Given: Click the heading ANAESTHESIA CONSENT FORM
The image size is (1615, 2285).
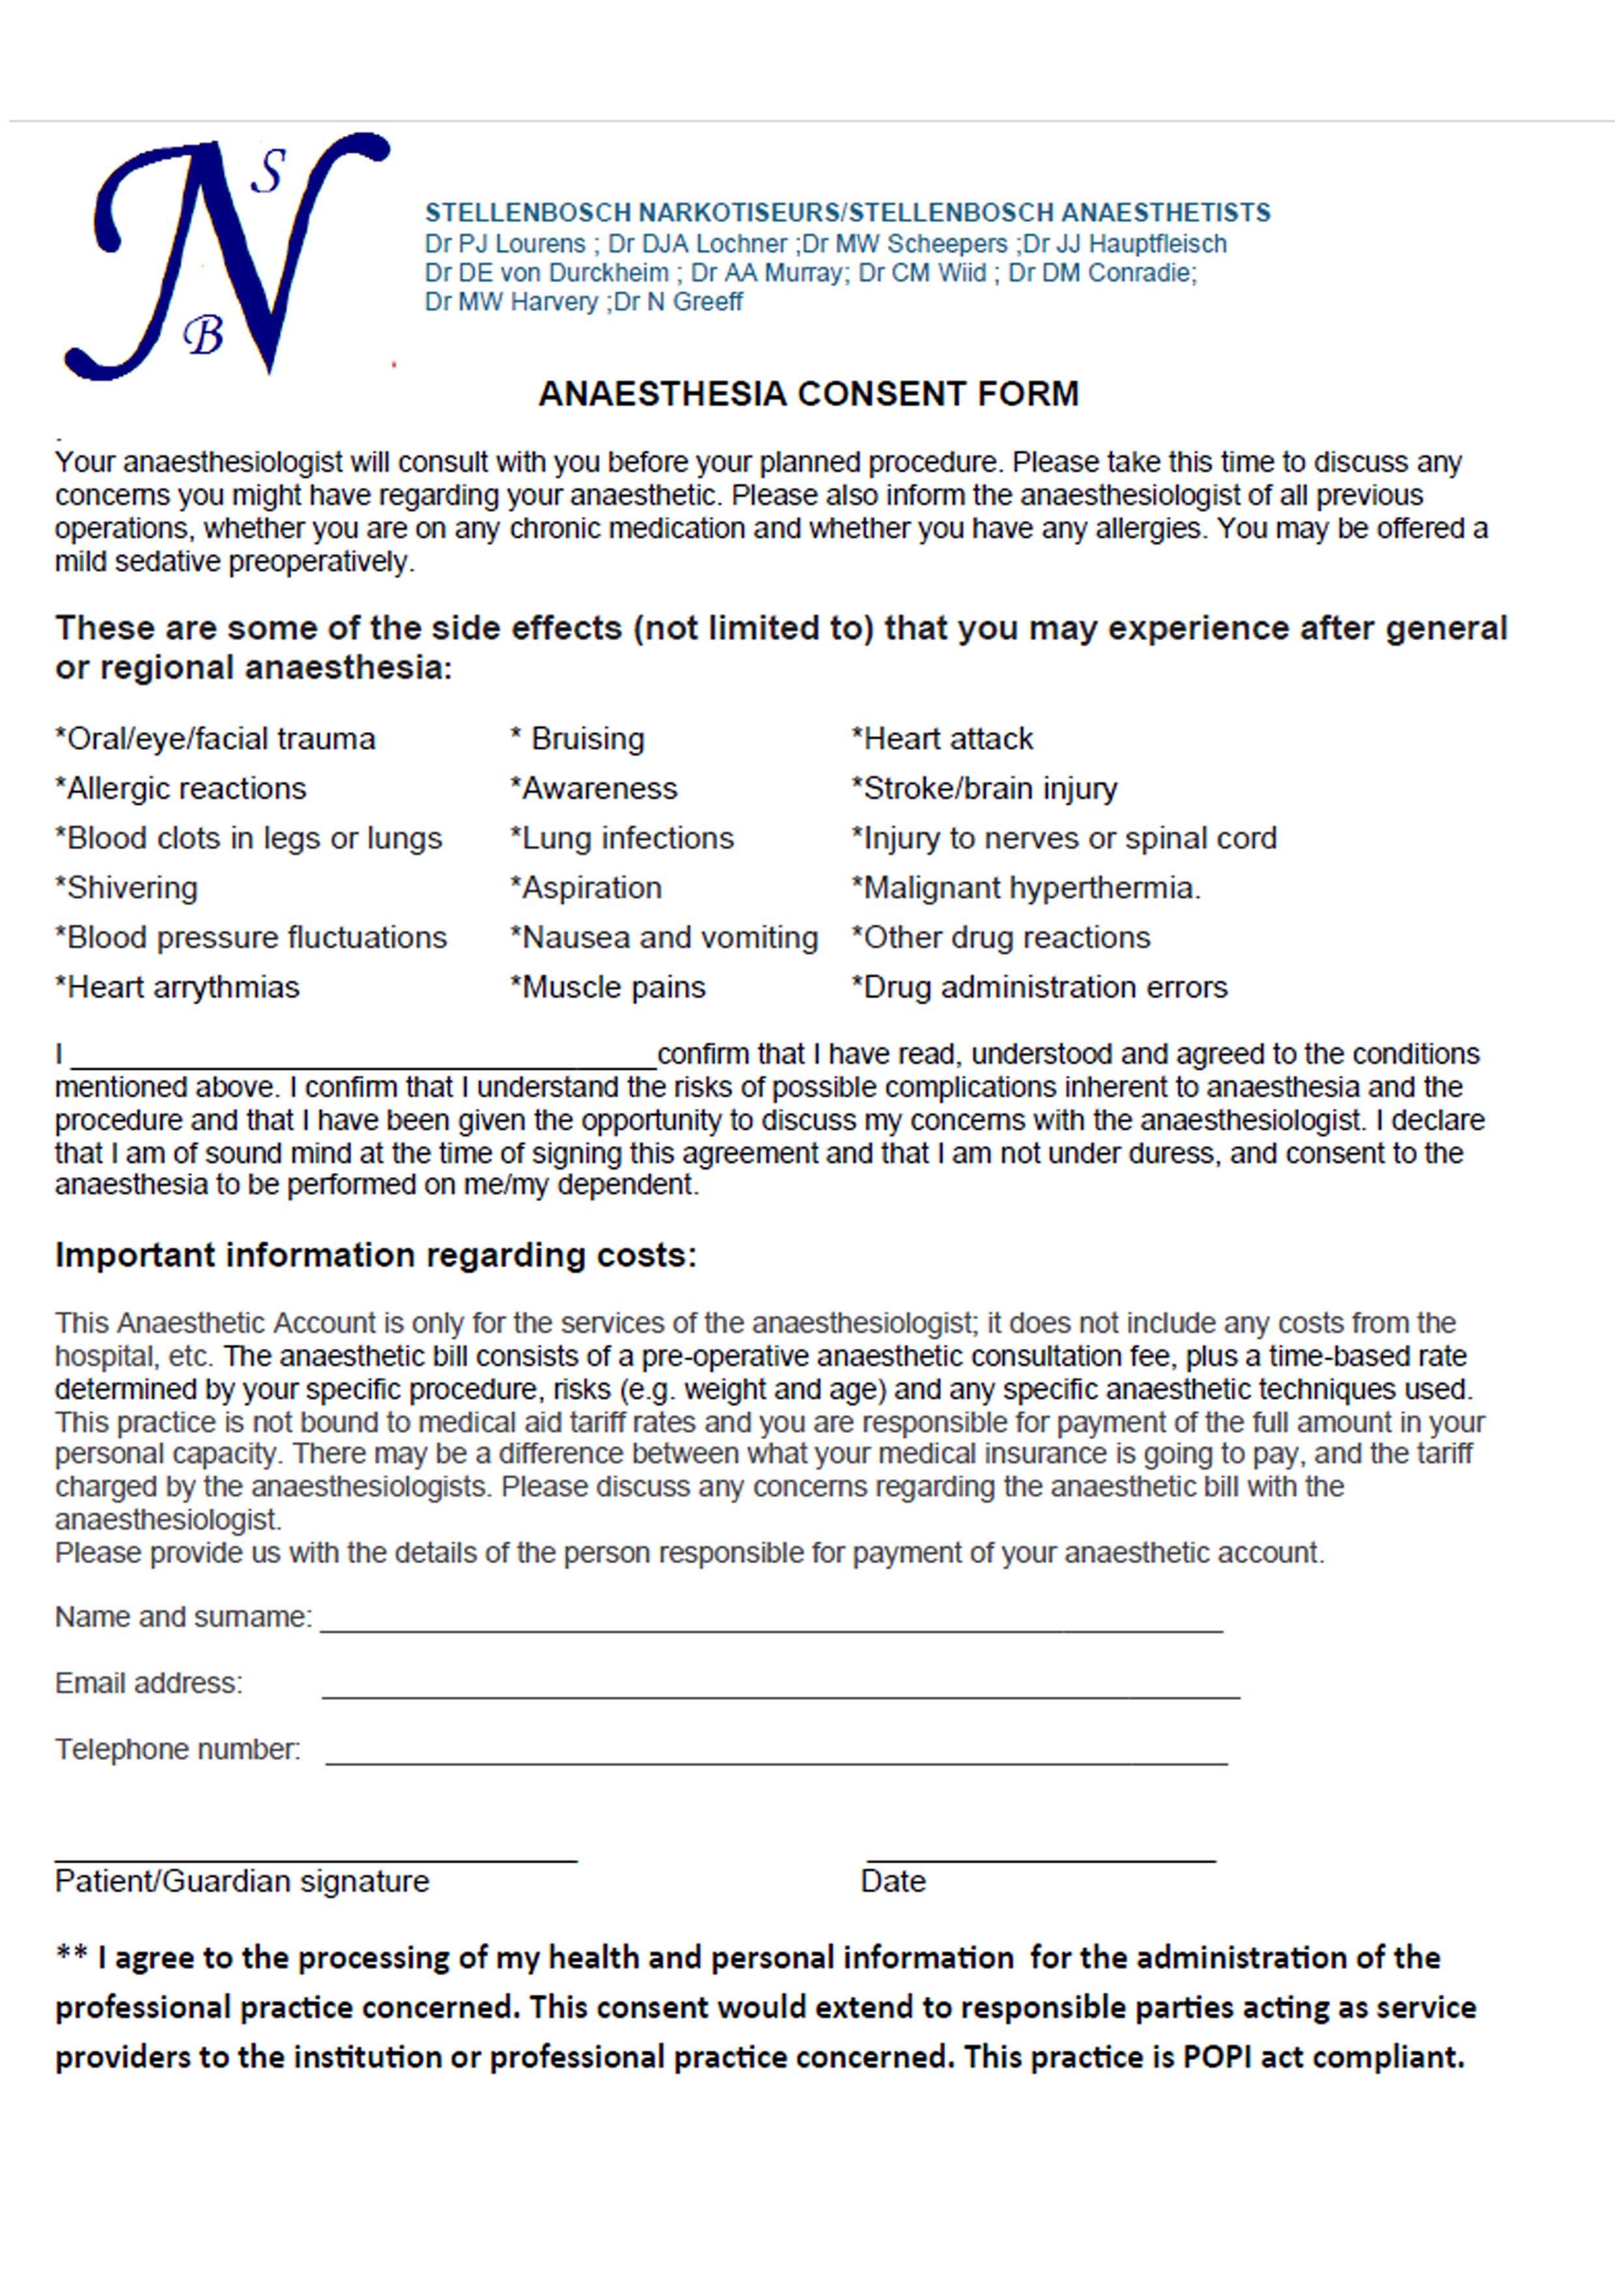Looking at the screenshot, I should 808,394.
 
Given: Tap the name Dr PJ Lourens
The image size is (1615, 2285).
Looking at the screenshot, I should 505,244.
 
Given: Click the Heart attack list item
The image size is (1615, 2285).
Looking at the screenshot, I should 942,739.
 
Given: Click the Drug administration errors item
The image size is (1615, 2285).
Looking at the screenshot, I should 1040,987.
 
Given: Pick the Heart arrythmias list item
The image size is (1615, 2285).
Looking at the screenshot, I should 177,987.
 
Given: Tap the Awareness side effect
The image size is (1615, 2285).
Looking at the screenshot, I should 594,789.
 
